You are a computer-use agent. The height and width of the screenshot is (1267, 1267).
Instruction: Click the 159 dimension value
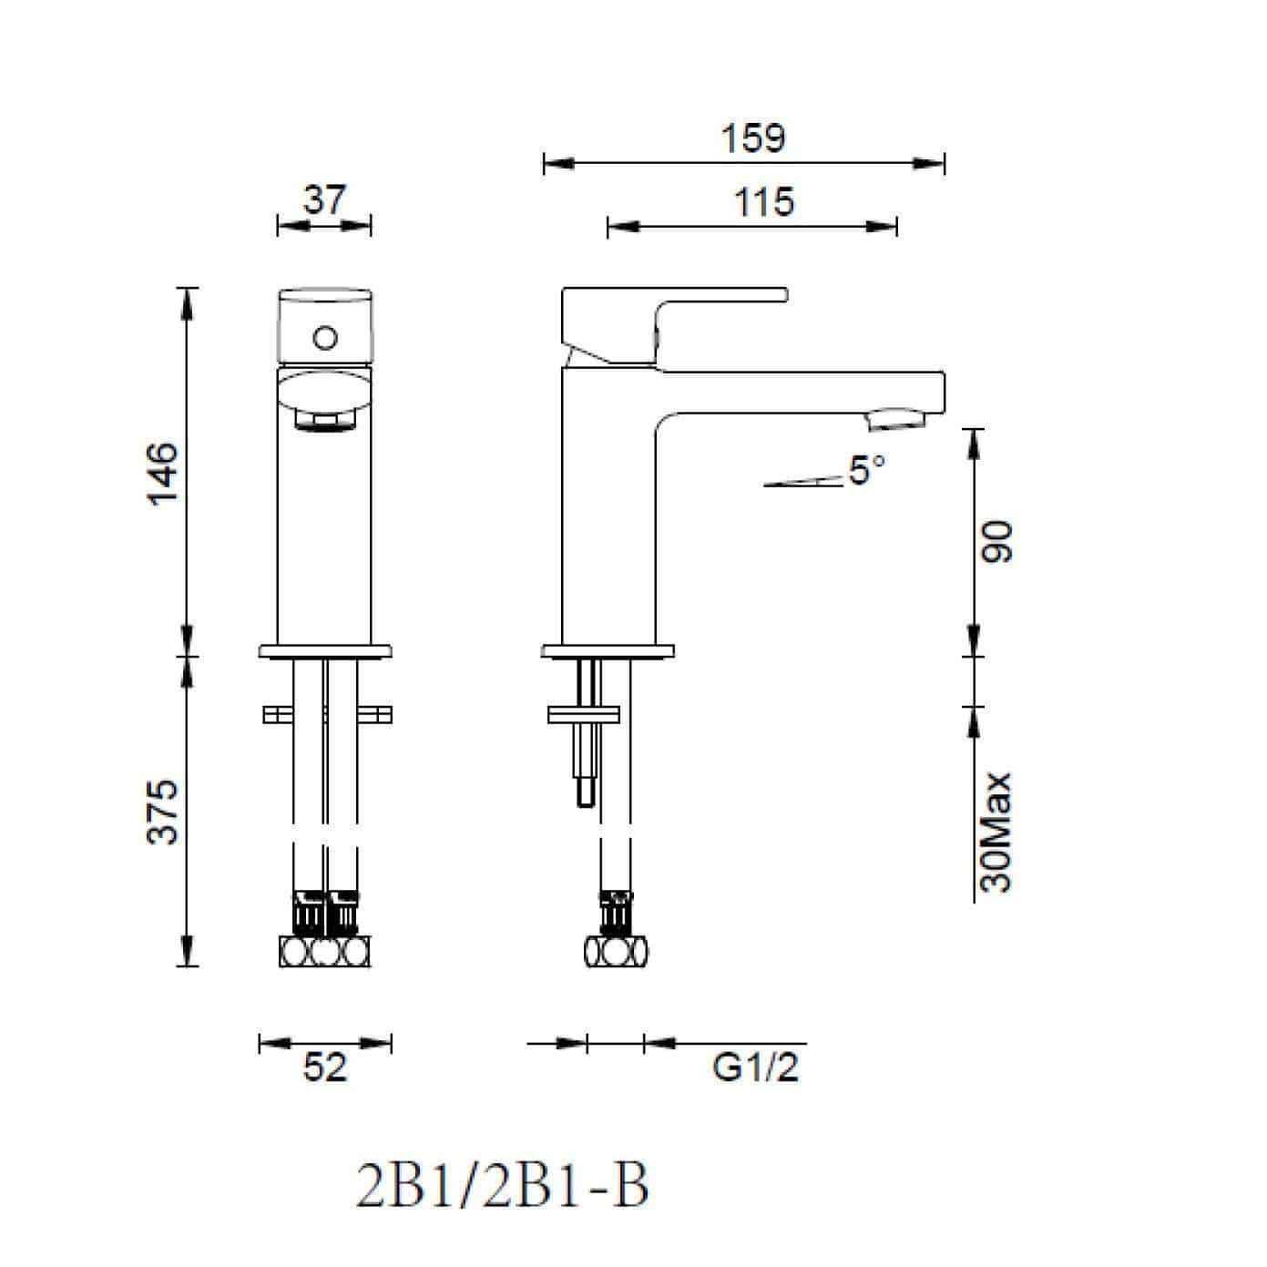click(752, 138)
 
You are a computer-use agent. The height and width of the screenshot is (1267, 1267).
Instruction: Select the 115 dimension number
click(763, 201)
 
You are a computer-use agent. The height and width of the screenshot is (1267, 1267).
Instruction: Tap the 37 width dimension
click(324, 199)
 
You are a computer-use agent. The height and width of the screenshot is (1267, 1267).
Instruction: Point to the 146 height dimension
click(163, 474)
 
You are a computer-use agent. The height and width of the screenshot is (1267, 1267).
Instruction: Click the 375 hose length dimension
click(163, 811)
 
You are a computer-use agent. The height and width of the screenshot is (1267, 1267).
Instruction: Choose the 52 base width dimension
click(324, 1068)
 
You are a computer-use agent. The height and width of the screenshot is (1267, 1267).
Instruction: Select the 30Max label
click(998, 832)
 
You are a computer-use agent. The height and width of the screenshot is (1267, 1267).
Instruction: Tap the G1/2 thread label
click(755, 1068)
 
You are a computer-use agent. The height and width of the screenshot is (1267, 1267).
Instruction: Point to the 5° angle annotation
click(865, 470)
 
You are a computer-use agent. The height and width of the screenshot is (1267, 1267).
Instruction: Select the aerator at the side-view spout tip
click(897, 420)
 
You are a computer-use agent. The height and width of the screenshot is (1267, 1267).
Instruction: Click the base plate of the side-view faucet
click(608, 651)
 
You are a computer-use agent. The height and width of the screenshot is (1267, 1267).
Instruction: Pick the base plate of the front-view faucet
click(324, 651)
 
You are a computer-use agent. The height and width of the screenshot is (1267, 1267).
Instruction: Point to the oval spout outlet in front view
click(324, 392)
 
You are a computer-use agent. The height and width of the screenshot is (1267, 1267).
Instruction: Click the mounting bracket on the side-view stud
click(583, 715)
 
